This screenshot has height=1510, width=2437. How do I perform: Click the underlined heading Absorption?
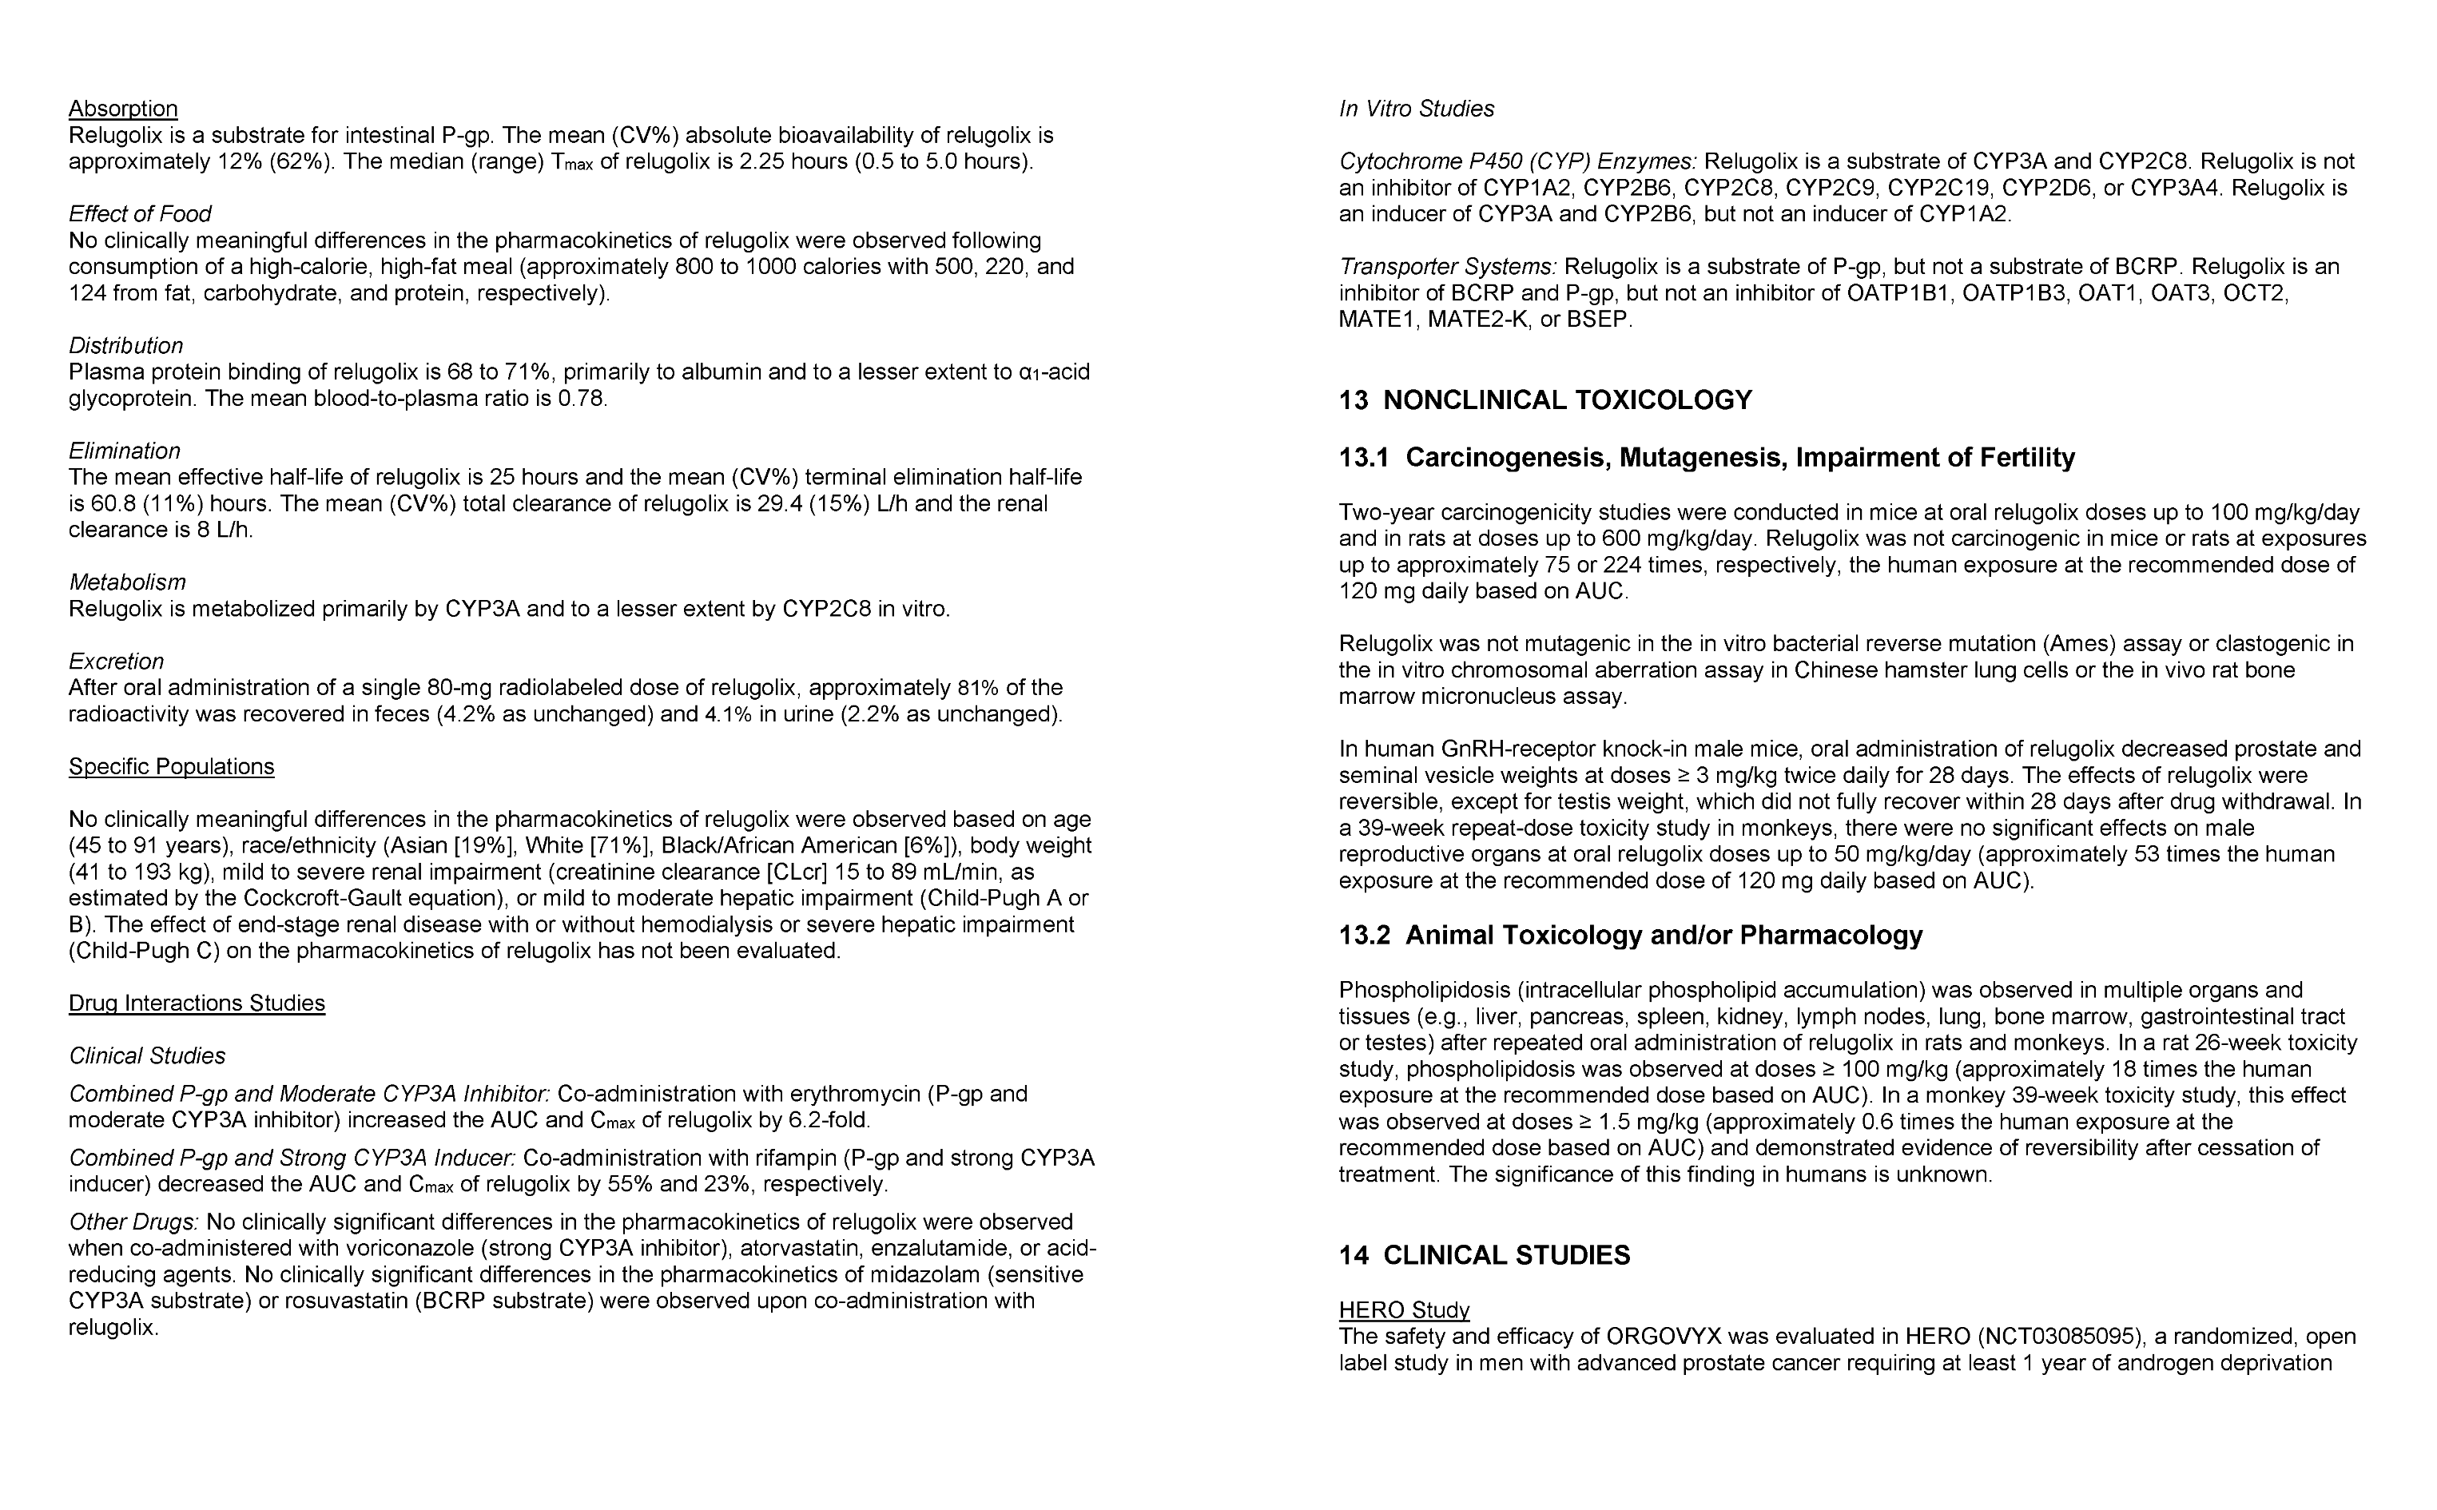click(123, 109)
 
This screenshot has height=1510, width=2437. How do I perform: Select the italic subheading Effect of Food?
click(140, 214)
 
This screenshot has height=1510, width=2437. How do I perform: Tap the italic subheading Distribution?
click(126, 345)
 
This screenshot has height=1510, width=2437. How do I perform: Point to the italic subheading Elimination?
click(125, 451)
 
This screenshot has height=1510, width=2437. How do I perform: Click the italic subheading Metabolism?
click(127, 582)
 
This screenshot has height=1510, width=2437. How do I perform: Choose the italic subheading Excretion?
click(116, 662)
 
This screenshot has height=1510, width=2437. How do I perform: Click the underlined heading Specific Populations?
click(171, 767)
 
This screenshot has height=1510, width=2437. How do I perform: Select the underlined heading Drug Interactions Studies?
click(197, 1003)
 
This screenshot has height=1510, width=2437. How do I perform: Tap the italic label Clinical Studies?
click(147, 1055)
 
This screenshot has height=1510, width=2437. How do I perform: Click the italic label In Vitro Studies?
click(1416, 109)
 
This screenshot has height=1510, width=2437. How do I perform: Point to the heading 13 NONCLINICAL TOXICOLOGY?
click(1545, 400)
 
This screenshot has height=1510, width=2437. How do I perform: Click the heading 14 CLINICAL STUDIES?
click(1485, 1255)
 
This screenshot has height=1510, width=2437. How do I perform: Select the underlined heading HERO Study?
click(1403, 1310)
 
